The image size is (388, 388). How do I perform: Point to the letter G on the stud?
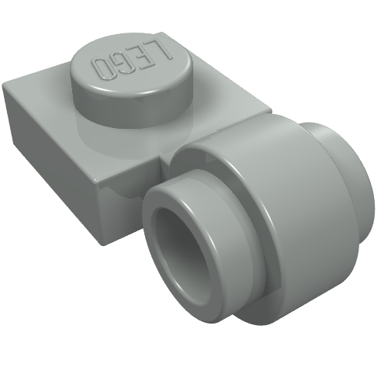tap(123, 64)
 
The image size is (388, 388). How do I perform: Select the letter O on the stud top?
tap(103, 68)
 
